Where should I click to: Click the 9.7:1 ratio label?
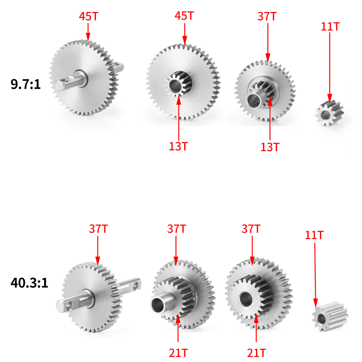(25, 84)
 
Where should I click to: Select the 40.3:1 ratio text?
(29, 283)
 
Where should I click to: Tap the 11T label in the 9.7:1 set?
(330, 27)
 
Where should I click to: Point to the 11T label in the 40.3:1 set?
(314, 235)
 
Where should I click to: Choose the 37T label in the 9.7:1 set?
(267, 16)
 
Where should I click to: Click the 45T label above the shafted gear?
(89, 16)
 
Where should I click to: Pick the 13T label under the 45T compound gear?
(178, 146)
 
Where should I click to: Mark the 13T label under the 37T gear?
(270, 147)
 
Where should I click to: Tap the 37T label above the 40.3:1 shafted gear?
(98, 229)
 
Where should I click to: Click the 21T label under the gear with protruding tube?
(178, 353)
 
